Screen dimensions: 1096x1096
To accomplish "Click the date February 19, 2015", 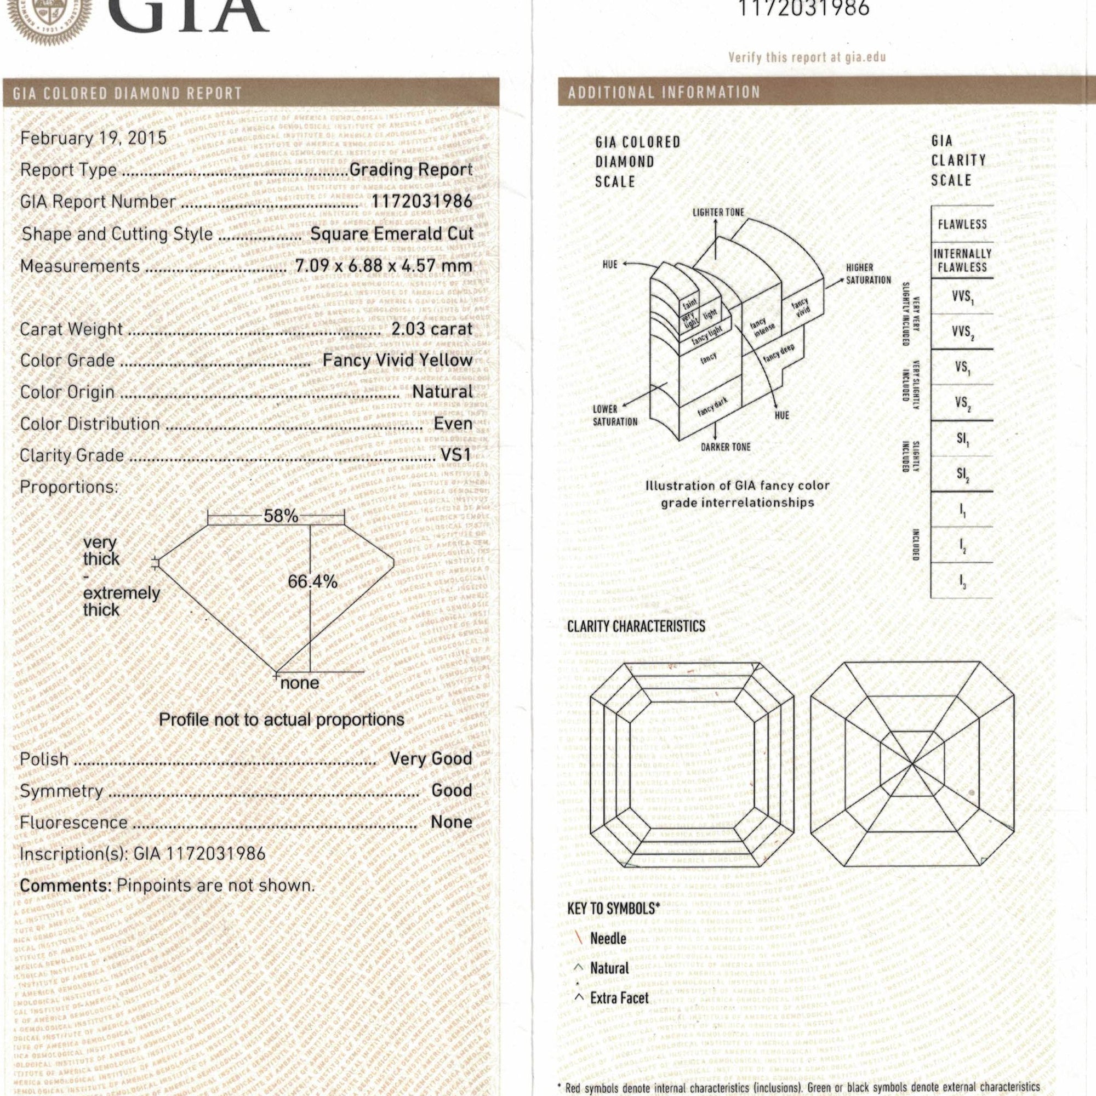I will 94,139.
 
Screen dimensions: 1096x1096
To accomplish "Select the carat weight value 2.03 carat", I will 432,329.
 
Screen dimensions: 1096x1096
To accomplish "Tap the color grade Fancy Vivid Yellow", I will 397,360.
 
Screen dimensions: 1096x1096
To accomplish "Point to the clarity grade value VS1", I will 456,455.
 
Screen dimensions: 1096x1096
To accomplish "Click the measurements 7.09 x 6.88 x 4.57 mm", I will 384,265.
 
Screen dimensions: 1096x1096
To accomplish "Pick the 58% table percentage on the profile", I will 280,516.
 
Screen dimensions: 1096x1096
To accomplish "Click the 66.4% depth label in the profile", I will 312,581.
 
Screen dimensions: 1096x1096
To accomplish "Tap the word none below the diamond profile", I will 300,683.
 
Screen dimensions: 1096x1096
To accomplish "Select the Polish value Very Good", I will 431,758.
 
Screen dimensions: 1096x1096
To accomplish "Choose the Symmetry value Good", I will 452,790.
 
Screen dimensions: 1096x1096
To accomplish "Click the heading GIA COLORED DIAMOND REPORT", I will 128,93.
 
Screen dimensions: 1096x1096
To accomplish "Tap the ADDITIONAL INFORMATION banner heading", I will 664,93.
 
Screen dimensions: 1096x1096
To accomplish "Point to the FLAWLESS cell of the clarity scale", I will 962,224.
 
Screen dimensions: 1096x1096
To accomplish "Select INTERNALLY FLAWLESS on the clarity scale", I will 962,260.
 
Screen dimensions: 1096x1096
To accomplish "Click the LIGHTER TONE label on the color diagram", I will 718,212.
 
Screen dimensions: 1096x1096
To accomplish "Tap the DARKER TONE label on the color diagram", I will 726,447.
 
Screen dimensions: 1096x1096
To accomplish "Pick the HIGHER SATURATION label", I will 868,273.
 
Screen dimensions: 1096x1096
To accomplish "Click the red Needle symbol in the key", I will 580,938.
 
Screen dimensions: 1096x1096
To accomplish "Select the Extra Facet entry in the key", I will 618,998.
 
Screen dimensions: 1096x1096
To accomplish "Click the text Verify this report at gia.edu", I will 807,58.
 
